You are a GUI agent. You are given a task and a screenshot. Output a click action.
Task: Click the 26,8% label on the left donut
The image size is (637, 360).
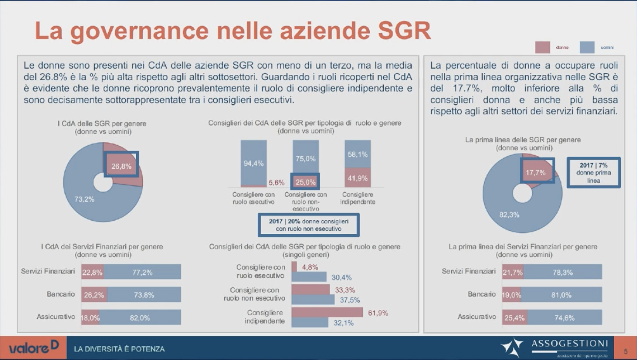[x=121, y=166]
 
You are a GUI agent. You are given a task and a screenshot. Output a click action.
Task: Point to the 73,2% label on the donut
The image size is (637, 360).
[x=84, y=199]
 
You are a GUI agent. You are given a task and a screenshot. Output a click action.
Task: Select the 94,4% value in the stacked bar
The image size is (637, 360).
[x=253, y=163]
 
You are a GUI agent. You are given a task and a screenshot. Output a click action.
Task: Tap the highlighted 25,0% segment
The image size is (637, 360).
[x=305, y=182]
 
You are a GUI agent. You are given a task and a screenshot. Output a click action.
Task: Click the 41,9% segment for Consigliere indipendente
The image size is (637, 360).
[x=357, y=178]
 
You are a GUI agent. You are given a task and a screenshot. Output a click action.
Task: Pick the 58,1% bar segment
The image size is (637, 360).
[x=357, y=155]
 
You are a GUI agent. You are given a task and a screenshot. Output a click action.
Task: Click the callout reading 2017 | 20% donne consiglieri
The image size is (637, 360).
[x=308, y=225]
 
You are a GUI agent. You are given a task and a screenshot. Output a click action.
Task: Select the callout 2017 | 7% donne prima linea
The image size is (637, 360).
[x=594, y=173]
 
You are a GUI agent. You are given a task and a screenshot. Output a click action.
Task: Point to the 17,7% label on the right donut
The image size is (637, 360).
[x=535, y=173]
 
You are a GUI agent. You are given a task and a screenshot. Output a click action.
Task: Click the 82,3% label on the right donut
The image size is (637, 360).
[x=509, y=215]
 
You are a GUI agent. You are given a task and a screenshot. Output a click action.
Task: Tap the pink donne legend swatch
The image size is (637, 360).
[x=542, y=47]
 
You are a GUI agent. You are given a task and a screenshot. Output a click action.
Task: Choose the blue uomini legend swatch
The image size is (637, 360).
[x=587, y=47]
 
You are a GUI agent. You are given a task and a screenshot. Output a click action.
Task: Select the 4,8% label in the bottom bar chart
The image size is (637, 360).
[x=310, y=267]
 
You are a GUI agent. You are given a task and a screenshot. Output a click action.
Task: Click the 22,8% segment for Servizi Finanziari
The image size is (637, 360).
[x=92, y=272]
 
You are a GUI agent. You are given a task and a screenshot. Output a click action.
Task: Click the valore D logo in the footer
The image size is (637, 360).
[x=33, y=348]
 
